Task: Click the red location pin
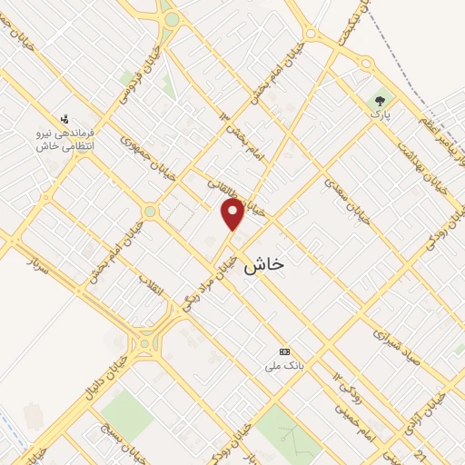[x=233, y=214]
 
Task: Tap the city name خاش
[x=264, y=262]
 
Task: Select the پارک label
[x=378, y=114]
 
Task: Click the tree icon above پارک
[x=379, y=99]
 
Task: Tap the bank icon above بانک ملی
[x=285, y=351]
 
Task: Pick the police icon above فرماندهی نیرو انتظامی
[x=64, y=118]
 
